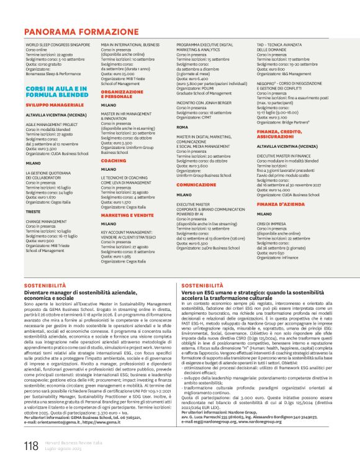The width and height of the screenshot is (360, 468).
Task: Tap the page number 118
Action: point(31,445)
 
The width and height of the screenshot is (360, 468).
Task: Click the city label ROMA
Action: point(182,126)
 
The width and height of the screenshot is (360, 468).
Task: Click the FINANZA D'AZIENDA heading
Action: point(278,204)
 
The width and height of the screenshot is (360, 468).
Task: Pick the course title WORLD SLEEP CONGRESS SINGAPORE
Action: point(58,45)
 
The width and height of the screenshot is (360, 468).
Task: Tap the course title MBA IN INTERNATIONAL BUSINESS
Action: point(130,45)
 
